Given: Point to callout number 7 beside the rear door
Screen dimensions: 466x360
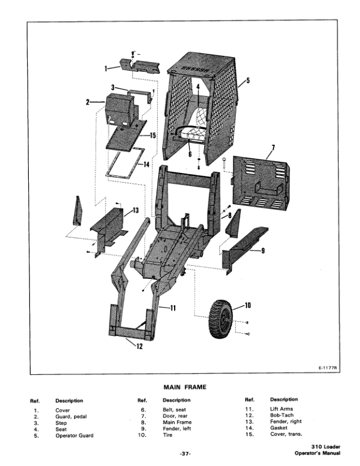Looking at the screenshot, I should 274,147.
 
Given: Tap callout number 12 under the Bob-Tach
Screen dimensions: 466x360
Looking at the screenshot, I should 139,346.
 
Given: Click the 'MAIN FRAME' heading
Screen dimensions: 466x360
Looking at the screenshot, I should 179,387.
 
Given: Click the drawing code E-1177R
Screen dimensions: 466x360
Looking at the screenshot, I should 327,368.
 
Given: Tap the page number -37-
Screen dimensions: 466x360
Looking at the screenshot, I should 179,454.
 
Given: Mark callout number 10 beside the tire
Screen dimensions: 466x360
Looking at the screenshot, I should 247,305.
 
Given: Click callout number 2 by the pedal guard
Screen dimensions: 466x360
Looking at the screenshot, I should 87,102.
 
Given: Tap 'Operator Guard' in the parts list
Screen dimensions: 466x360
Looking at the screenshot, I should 74,436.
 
